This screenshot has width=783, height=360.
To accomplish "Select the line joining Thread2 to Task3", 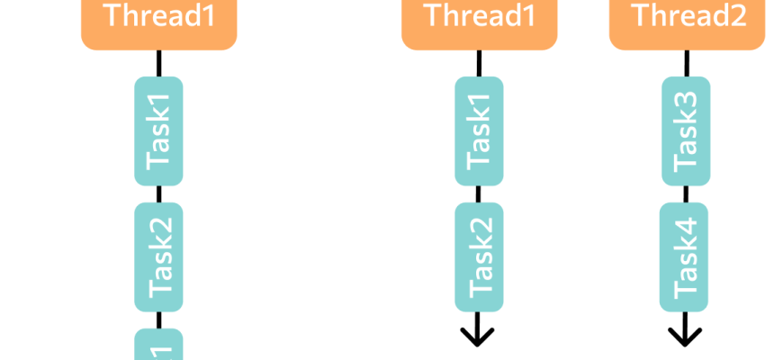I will [x=686, y=63].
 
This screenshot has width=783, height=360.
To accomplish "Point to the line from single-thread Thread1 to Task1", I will [x=158, y=63].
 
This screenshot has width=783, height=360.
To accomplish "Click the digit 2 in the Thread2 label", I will [x=738, y=15].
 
